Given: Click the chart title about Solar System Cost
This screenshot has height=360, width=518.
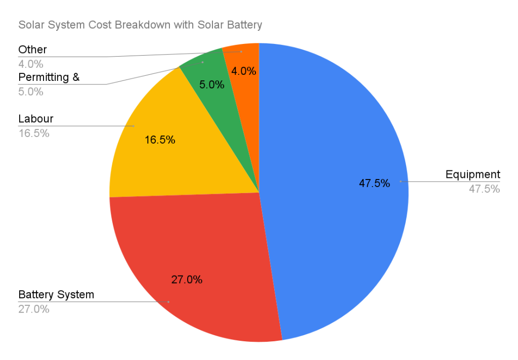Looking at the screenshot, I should point(140,25).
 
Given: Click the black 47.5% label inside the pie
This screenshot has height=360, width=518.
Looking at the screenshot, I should point(374,184).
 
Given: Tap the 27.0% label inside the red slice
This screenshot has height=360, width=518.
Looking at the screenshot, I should point(187,279).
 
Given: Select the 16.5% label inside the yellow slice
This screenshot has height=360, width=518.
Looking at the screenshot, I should point(160,140).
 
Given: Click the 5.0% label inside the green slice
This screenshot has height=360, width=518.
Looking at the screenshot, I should point(211,84).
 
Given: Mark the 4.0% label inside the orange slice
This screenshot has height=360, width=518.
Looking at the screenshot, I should point(244,71).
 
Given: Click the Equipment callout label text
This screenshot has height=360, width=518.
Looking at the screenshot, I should point(472,174).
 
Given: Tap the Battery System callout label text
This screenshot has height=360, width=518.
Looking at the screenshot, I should point(56,294).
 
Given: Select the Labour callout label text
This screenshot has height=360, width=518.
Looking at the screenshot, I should point(35,119).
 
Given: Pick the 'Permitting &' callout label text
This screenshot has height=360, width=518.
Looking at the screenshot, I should point(49,77).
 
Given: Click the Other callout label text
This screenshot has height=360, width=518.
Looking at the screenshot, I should point(32,50).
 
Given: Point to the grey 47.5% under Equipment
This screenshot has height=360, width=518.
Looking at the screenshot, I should point(484,189).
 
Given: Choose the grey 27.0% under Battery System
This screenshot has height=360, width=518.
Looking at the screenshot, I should point(34,309).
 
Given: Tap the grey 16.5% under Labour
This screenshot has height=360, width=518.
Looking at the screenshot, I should point(34,133).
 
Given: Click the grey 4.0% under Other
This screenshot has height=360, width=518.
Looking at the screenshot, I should point(31,64).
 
